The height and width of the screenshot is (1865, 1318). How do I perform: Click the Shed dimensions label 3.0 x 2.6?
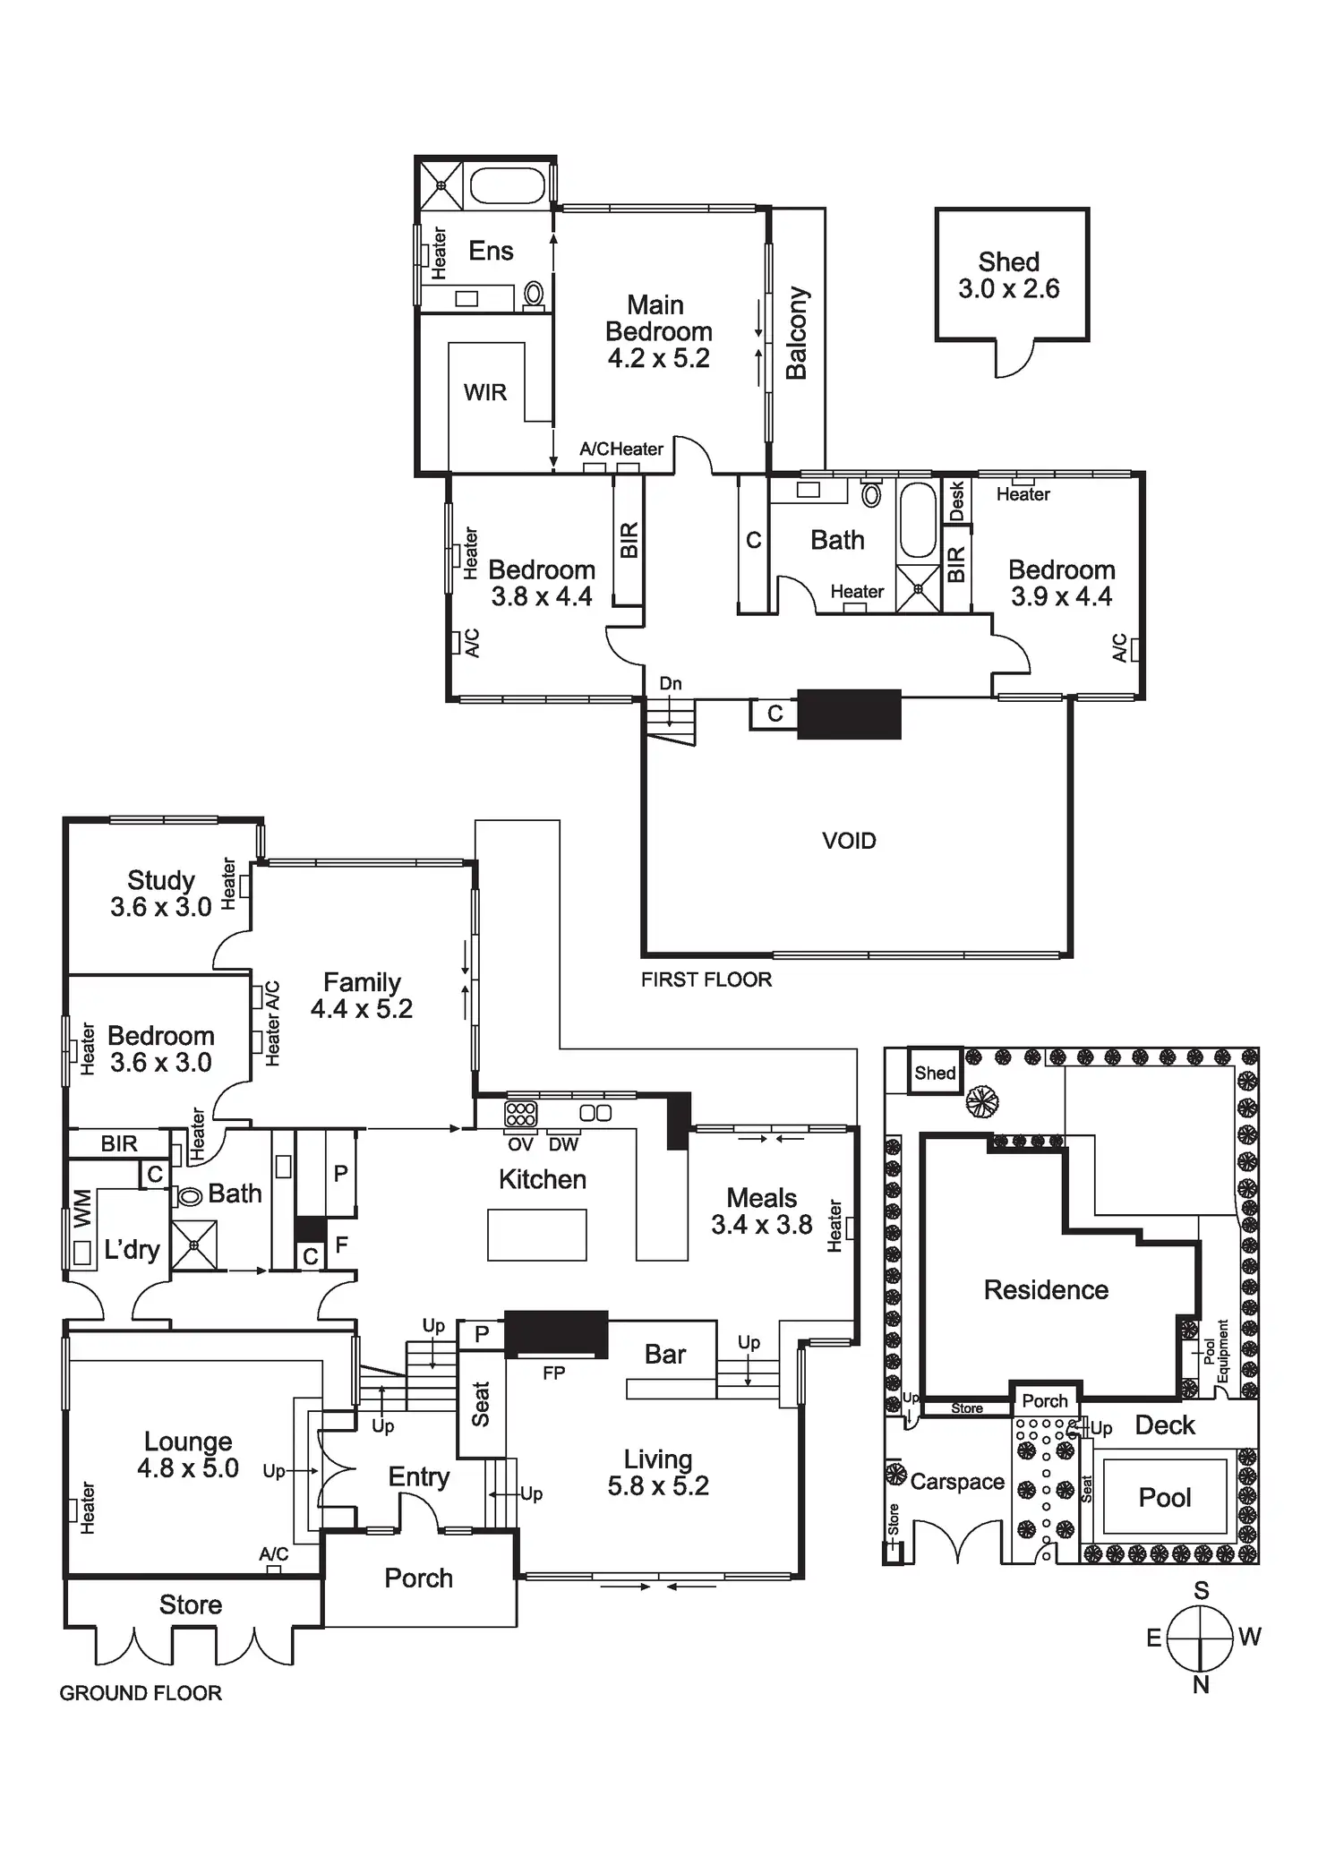[1008, 289]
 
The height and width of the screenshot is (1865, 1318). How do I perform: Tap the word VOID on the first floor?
[849, 841]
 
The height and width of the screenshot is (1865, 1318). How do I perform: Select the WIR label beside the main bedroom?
[484, 392]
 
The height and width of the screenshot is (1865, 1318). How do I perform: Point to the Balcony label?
[796, 333]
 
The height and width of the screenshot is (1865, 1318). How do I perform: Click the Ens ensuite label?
[491, 251]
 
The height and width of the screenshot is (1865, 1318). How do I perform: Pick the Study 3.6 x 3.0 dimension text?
[161, 907]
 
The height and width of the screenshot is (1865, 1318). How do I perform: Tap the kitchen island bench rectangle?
[536, 1235]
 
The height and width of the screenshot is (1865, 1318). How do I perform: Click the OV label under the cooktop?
[520, 1144]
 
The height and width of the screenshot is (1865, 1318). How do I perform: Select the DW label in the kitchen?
[563, 1144]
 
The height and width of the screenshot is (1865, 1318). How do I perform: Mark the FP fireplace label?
[553, 1373]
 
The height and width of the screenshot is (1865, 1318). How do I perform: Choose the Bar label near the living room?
[665, 1355]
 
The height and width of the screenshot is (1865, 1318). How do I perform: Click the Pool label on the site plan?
[1165, 1497]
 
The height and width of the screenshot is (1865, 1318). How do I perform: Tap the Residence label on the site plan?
[1046, 1289]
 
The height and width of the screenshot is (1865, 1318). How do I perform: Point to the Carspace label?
[957, 1482]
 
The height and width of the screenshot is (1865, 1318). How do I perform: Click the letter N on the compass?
[1202, 1684]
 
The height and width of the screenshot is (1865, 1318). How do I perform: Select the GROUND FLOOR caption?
[141, 1693]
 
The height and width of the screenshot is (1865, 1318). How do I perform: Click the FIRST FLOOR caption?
[706, 980]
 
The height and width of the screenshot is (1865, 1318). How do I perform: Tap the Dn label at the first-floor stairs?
[671, 683]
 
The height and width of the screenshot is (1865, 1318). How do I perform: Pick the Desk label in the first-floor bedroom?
[956, 500]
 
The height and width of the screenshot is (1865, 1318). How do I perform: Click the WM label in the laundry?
[81, 1208]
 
